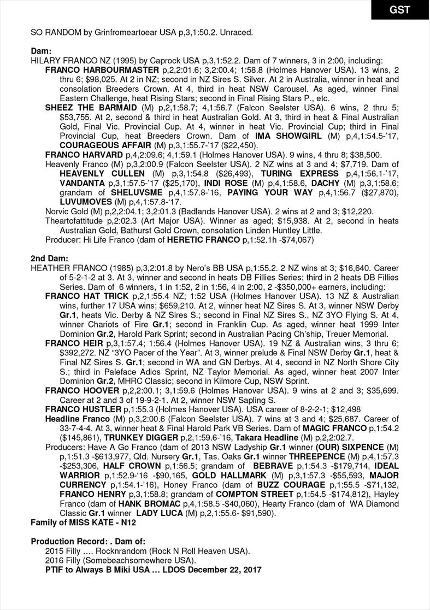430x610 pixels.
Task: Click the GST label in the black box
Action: [399, 10]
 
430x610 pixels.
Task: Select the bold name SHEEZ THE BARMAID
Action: [91, 107]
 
